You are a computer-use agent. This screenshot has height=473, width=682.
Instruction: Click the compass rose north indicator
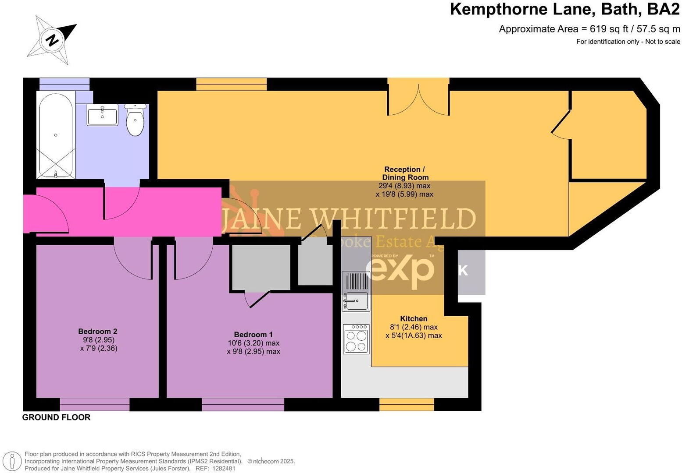click(52, 40)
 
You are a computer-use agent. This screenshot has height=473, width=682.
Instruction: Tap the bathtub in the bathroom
click(55, 135)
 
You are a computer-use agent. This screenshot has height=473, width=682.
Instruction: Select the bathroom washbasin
click(102, 115)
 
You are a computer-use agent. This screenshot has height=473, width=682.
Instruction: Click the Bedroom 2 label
click(97, 332)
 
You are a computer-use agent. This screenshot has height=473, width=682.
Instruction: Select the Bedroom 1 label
click(253, 335)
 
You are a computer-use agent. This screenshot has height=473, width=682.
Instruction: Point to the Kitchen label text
click(413, 319)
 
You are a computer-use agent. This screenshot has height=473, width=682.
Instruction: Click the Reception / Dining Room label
click(404, 173)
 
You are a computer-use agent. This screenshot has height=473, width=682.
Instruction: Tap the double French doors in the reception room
click(418, 97)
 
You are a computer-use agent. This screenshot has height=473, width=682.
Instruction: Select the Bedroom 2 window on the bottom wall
click(94, 404)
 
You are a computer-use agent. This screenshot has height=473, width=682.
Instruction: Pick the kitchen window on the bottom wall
click(406, 404)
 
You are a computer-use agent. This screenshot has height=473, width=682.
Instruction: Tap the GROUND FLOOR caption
click(56, 417)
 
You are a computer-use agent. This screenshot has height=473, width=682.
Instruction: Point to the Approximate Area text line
click(589, 29)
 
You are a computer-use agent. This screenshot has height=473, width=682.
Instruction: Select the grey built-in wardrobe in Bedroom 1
click(261, 267)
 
